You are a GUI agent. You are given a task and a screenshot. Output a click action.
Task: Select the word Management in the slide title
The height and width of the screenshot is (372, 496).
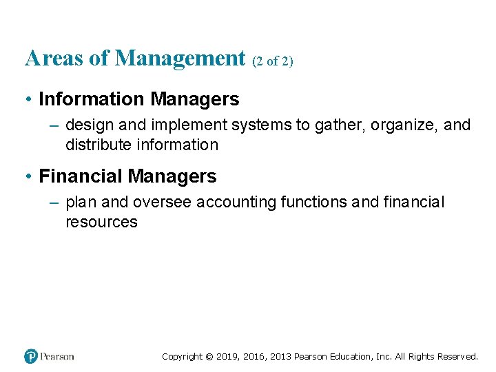pos(180,59)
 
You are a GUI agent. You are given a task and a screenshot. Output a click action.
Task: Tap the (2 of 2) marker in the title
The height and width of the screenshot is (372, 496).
pos(273,61)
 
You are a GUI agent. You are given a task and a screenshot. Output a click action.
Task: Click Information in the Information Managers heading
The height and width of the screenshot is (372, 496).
pos(92,99)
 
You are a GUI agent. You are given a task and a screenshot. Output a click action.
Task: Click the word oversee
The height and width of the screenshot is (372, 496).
pos(163,203)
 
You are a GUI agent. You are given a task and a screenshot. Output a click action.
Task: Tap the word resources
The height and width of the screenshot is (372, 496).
pos(101,222)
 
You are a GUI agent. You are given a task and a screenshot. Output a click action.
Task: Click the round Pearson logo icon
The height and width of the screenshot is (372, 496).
pos(31,356)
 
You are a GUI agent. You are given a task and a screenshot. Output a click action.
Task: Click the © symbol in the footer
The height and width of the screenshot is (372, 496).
pos(209,357)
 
